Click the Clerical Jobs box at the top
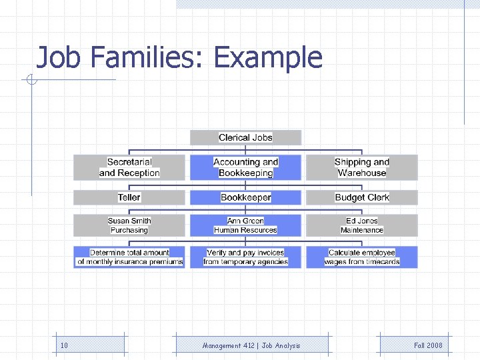pyautogui.click(x=245, y=137)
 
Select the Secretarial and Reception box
pyautogui.click(x=129, y=167)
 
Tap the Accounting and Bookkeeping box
pyautogui.click(x=245, y=167)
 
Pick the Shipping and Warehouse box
pyautogui.click(x=361, y=167)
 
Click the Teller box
pyautogui.click(x=129, y=197)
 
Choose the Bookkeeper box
pyautogui.click(x=245, y=197)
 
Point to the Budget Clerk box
pyautogui.click(x=361, y=197)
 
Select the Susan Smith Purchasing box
pyautogui.click(x=129, y=225)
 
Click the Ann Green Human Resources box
pyautogui.click(x=245, y=225)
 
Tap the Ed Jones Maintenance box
pyautogui.click(x=361, y=225)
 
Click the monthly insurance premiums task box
pyautogui.click(x=129, y=257)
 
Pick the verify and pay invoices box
pyautogui.click(x=245, y=257)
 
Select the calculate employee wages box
pyautogui.click(x=361, y=257)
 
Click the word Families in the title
pyautogui.click(x=142, y=58)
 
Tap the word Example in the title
pyautogui.click(x=268, y=58)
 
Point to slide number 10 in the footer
pyautogui.click(x=64, y=345)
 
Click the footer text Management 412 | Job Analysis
pyautogui.click(x=251, y=345)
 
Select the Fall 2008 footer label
pyautogui.click(x=427, y=345)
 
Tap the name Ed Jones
pyautogui.click(x=361, y=221)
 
